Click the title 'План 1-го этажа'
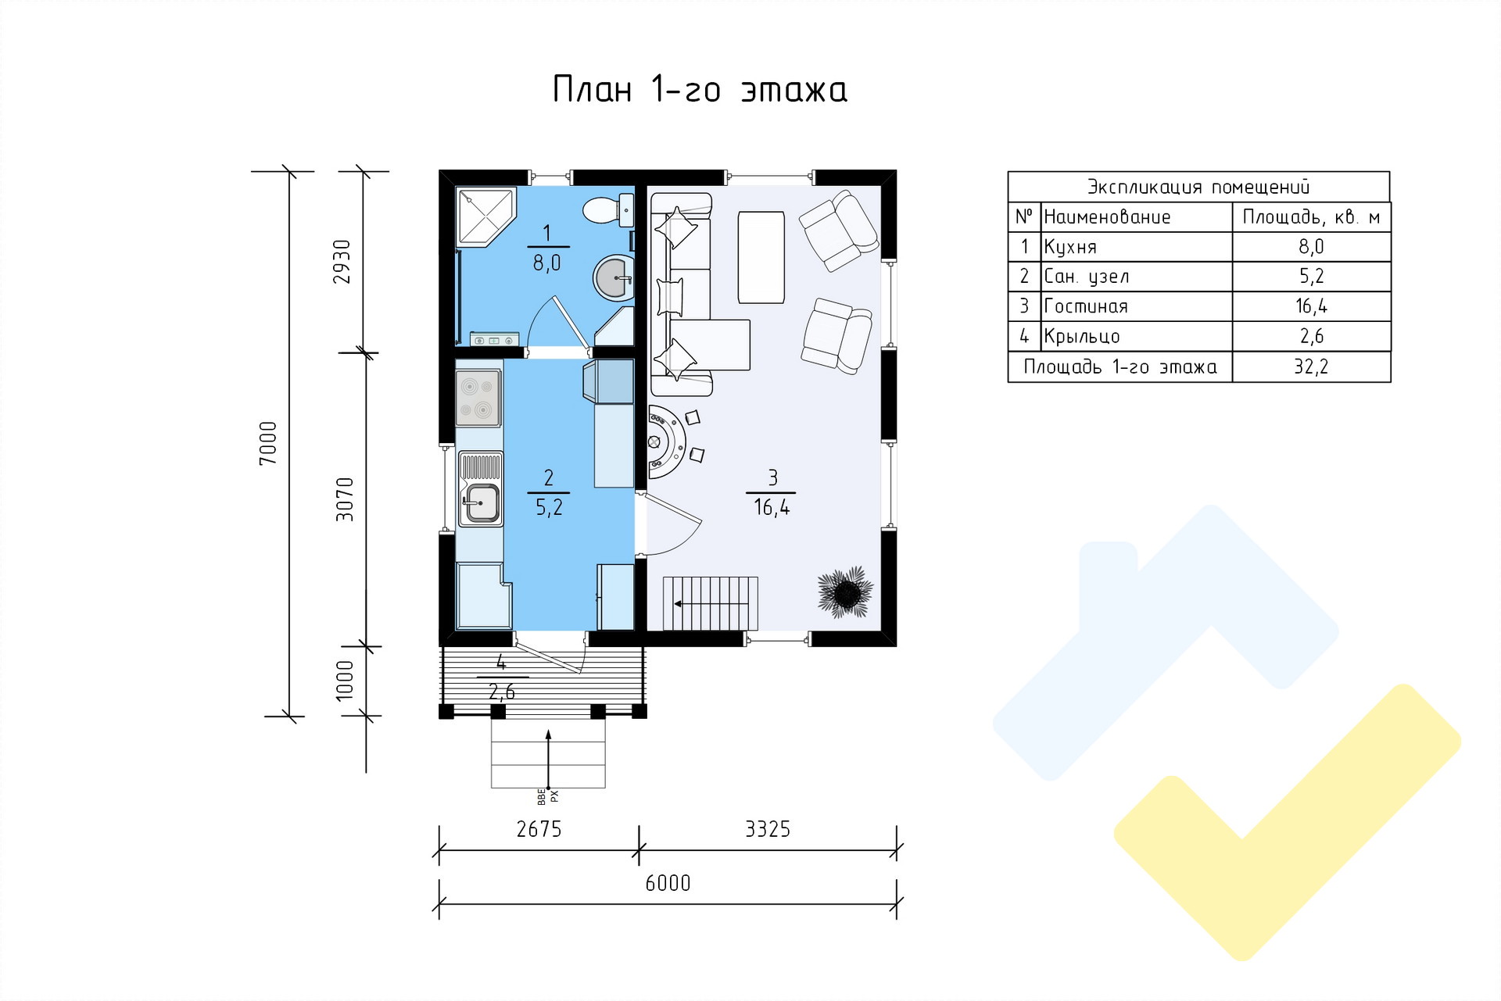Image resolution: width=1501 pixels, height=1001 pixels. click(x=700, y=90)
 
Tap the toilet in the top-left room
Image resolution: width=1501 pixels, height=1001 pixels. click(x=607, y=209)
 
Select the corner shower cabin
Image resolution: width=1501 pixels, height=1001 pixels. click(x=485, y=216)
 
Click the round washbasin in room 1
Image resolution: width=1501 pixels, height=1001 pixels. click(x=614, y=277)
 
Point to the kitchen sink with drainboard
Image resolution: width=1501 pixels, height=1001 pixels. click(x=479, y=490)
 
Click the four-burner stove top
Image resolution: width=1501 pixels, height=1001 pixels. click(x=478, y=398)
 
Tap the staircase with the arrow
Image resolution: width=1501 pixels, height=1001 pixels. click(x=711, y=603)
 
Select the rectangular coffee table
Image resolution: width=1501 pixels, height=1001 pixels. click(x=761, y=256)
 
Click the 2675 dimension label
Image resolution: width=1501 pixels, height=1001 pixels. click(x=539, y=828)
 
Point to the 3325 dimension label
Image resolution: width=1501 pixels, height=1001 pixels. click(x=767, y=828)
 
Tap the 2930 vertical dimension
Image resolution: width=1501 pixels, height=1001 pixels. click(x=342, y=261)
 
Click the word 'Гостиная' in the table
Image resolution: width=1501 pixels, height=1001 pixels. click(x=1086, y=306)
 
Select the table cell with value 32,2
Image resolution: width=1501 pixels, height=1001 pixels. click(x=1311, y=366)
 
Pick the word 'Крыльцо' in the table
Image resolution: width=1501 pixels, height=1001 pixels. click(x=1082, y=337)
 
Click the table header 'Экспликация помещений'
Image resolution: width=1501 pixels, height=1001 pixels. click(x=1198, y=187)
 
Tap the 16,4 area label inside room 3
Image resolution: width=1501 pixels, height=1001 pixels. click(x=772, y=508)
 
